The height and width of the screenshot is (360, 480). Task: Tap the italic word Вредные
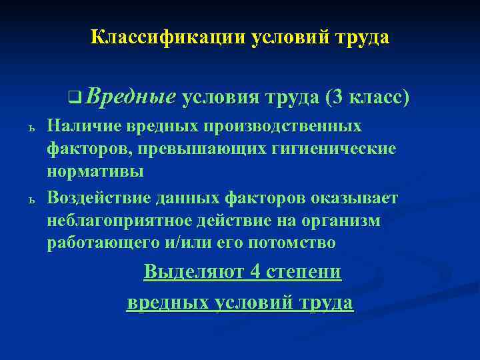pos(131,97)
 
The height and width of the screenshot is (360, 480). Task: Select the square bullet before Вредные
pos(71,99)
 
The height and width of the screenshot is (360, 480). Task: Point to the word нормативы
pos(95,171)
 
